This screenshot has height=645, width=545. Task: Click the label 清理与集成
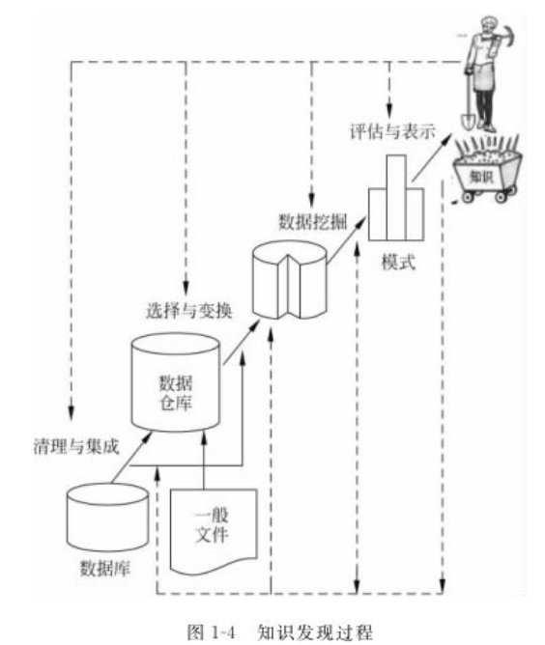point(76,447)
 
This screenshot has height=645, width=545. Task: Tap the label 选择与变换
point(189,311)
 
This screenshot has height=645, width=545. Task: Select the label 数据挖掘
point(313,222)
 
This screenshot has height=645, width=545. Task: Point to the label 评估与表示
point(392,132)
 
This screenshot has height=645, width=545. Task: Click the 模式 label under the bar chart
point(398,262)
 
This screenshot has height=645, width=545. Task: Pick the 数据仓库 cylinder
point(176,382)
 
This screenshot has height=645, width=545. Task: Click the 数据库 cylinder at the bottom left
point(107,518)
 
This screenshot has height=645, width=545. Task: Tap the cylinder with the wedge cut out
point(290,280)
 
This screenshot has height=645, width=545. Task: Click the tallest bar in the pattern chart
point(396,197)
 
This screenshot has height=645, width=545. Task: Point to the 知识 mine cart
point(487,175)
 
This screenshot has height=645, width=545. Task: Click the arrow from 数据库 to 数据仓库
point(130,457)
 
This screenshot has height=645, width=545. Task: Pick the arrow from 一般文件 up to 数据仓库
point(204,460)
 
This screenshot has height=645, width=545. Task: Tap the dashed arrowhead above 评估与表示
point(389,111)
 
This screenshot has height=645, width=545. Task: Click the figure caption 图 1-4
point(212,631)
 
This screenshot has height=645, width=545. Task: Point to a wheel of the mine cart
point(467,197)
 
